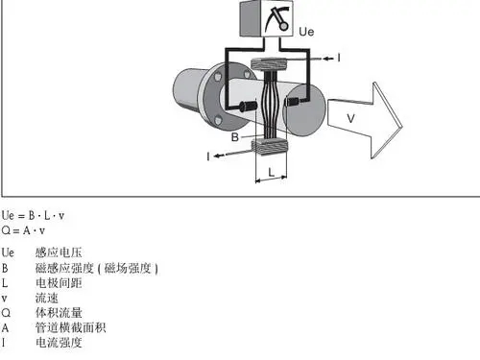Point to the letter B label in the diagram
coord(235,136)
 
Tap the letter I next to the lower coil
coord(208,154)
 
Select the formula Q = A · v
coord(24,229)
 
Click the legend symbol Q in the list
coord(6,313)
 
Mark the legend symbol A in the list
coord(6,327)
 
